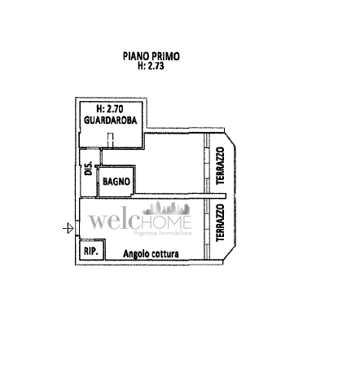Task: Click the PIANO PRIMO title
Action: tap(151, 56)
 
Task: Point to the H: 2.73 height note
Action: tap(151, 66)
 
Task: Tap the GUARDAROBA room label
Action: tap(111, 120)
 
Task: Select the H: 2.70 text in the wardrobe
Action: tap(110, 109)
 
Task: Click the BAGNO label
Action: tap(116, 182)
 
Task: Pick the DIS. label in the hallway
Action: tap(89, 169)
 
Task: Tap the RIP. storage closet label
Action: tap(90, 252)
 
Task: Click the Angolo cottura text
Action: tap(151, 254)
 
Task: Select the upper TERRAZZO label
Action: tap(220, 166)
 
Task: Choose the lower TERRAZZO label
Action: tap(220, 223)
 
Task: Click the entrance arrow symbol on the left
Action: tap(68, 228)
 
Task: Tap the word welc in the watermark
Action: tap(114, 221)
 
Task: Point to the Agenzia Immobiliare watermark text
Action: tap(163, 233)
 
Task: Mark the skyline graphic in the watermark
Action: tap(166, 208)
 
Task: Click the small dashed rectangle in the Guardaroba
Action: tap(110, 140)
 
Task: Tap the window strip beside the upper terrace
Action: tap(207, 163)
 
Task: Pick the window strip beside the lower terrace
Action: tap(207, 229)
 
